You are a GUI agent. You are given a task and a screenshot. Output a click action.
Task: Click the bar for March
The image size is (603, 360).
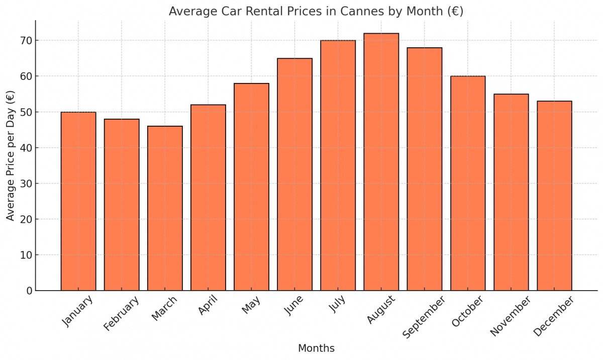(165, 208)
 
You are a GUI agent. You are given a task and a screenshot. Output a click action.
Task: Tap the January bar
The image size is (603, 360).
(78, 201)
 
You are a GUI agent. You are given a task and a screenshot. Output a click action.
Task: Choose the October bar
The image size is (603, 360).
(468, 183)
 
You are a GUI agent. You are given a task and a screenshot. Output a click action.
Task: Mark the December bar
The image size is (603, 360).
(554, 196)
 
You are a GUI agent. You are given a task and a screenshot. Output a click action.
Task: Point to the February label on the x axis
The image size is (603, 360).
(121, 314)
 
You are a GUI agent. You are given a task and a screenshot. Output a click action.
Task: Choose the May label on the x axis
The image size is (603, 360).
(251, 305)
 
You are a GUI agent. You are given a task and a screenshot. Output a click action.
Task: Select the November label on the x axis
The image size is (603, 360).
(510, 316)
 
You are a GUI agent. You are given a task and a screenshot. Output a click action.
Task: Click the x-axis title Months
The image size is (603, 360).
(316, 348)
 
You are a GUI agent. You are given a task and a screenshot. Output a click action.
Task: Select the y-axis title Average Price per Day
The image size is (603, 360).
(11, 156)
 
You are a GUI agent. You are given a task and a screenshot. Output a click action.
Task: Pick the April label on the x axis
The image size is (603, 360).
(208, 306)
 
